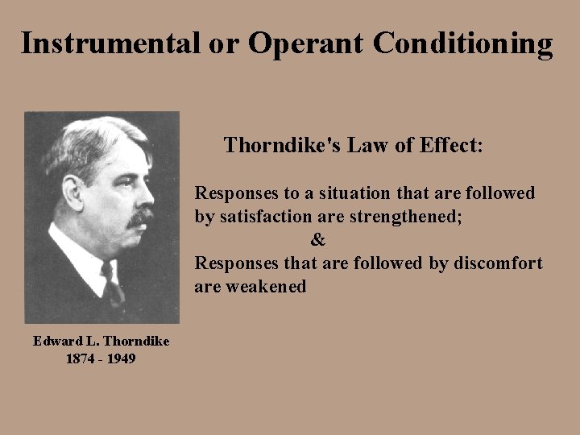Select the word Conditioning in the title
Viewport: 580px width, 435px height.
pyautogui.click(x=464, y=44)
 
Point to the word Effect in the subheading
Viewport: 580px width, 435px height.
pyautogui.click(x=447, y=145)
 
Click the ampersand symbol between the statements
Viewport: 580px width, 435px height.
pyautogui.click(x=318, y=240)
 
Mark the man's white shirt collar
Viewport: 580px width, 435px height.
pyautogui.click(x=85, y=258)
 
